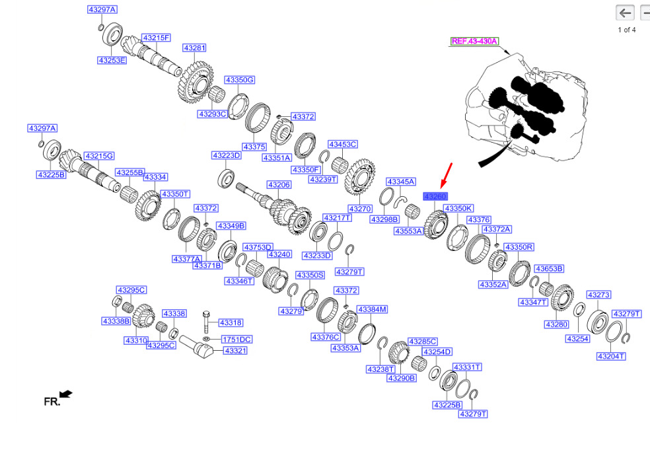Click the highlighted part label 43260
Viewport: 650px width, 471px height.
coord(435,197)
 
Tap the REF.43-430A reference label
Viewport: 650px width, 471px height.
coord(474,41)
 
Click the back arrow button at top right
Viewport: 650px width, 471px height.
coord(625,13)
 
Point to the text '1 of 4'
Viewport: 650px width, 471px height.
coord(627,30)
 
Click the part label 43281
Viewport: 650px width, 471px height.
coord(194,48)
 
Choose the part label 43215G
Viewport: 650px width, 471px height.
coord(99,156)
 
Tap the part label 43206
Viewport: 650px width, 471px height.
coord(279,184)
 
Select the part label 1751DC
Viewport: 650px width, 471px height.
coord(236,339)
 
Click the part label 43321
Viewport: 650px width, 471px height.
coord(235,350)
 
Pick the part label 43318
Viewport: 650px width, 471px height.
coord(231,322)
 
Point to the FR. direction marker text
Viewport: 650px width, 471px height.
coord(52,402)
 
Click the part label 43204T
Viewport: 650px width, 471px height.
coord(611,356)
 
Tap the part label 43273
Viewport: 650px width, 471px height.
coord(598,295)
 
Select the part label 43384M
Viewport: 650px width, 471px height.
coord(373,309)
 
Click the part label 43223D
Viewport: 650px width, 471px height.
coord(227,155)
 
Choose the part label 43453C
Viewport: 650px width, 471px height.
coord(343,144)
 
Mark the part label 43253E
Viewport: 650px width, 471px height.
coord(112,60)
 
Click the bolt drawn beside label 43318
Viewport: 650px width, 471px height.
coord(207,322)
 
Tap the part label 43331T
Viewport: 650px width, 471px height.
coord(467,367)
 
